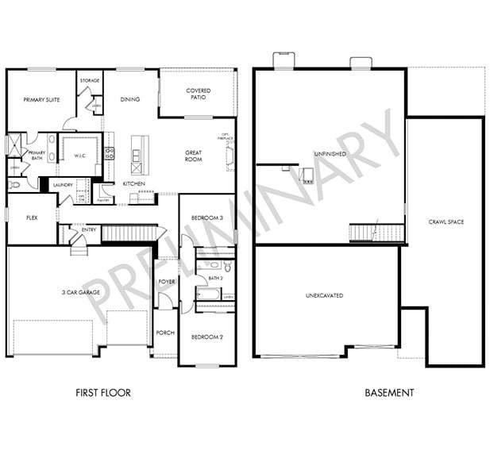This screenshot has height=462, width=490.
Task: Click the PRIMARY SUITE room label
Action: pyautogui.click(x=41, y=100)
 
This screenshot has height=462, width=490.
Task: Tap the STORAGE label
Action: pyautogui.click(x=90, y=80)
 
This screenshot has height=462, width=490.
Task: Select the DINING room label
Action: pyautogui.click(x=130, y=100)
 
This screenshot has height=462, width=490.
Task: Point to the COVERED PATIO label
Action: pyautogui.click(x=198, y=94)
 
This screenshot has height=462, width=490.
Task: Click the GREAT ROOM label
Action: pyautogui.click(x=193, y=156)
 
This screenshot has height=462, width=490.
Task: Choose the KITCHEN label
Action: pyautogui.click(x=133, y=184)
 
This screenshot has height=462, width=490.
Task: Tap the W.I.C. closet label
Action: pyautogui.click(x=79, y=155)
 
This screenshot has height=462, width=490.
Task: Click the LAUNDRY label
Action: pyautogui.click(x=63, y=185)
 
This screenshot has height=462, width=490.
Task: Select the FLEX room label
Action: pyautogui.click(x=33, y=217)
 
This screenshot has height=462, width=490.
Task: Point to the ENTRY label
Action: pyautogui.click(x=89, y=230)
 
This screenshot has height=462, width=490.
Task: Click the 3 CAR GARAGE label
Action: pyautogui.click(x=80, y=291)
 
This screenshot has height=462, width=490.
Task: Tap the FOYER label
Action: pyautogui.click(x=167, y=281)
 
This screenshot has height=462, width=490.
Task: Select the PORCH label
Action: pyautogui.click(x=165, y=333)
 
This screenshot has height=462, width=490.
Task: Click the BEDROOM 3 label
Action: pyautogui.click(x=206, y=218)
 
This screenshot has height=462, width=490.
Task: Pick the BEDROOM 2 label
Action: pyautogui.click(x=206, y=337)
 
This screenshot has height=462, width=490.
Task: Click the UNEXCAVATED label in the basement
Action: pyautogui.click(x=324, y=295)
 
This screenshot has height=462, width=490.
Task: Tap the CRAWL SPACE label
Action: pyautogui.click(x=446, y=221)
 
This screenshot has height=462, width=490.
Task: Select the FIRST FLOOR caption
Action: pyautogui.click(x=102, y=392)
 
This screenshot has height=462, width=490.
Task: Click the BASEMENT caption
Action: pyautogui.click(x=389, y=392)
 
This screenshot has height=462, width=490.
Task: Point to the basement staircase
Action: pyautogui.click(x=374, y=233)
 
